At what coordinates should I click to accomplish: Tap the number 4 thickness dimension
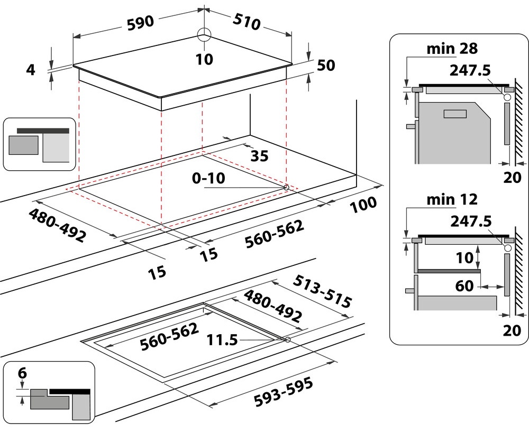31,69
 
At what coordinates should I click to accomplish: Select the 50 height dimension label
327,65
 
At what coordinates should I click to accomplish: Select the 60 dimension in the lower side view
464,286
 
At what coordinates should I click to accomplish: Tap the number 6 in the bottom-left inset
22,373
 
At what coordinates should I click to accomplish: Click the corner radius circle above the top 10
204,35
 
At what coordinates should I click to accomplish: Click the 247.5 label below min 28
472,70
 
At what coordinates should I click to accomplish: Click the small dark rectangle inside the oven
455,113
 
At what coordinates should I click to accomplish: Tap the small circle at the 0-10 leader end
286,187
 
